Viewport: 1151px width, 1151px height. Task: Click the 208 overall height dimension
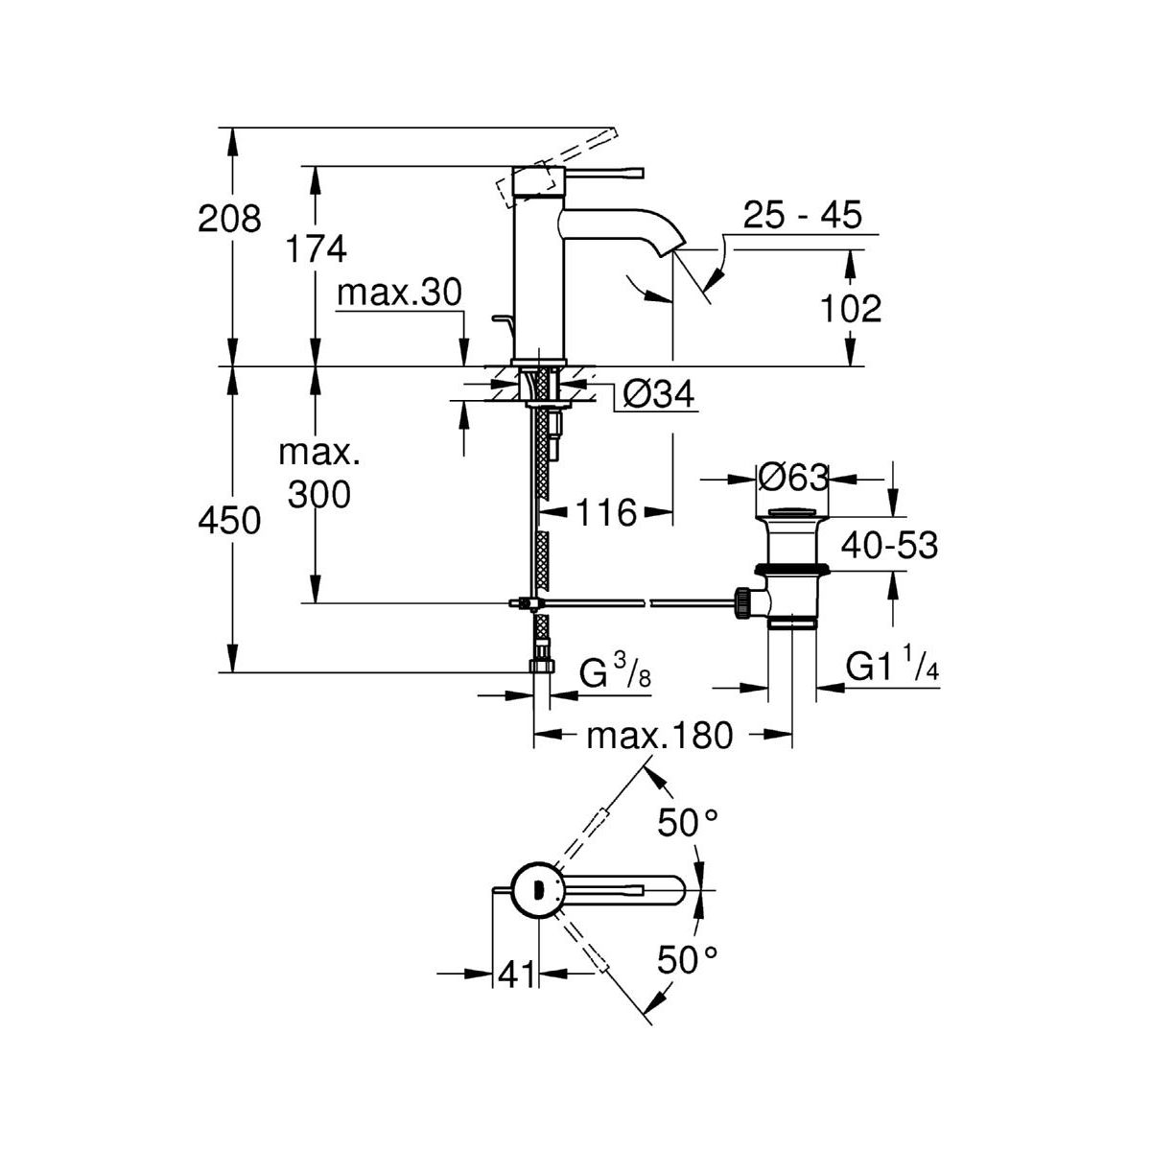tap(229, 220)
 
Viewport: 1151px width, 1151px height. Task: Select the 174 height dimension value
tap(316, 249)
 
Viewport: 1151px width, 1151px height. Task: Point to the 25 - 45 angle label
tap(802, 214)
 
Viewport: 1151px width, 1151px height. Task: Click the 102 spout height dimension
tap(852, 309)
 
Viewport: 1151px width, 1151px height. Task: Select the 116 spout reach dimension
tap(609, 513)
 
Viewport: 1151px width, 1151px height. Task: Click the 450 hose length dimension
tap(229, 521)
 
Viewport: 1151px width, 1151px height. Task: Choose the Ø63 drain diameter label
tap(793, 476)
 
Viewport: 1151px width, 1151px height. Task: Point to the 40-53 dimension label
tap(888, 546)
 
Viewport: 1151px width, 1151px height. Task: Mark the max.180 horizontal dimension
tap(659, 736)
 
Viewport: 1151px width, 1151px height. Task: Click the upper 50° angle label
tap(688, 821)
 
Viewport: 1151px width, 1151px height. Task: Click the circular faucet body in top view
tap(537, 887)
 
